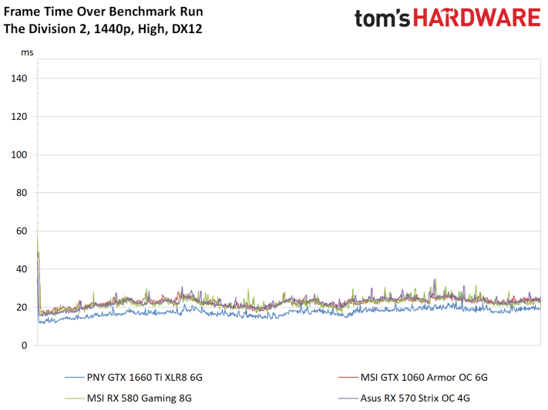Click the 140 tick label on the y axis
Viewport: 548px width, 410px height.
[18, 78]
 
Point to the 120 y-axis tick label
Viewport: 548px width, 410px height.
[18, 117]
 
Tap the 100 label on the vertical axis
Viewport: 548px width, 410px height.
[18, 155]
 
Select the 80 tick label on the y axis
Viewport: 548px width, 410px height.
[22, 192]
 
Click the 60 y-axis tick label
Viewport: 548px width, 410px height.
[22, 231]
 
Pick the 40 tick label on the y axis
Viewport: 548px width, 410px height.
[22, 269]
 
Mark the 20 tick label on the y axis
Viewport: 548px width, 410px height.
[22, 308]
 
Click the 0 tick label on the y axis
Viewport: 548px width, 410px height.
[24, 345]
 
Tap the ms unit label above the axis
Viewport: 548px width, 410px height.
[27, 52]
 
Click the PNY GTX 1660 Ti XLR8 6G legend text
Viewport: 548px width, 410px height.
[145, 378]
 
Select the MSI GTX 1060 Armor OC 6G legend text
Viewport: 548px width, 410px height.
[424, 378]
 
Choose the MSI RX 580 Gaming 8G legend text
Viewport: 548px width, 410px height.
[139, 398]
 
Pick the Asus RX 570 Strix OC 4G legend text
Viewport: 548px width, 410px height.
[415, 398]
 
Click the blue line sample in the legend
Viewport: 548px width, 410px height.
[75, 378]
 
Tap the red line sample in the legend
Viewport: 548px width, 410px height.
[348, 378]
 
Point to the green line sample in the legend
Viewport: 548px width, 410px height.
[75, 398]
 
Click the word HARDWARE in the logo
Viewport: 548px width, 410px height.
[477, 18]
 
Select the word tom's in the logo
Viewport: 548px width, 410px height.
[382, 18]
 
